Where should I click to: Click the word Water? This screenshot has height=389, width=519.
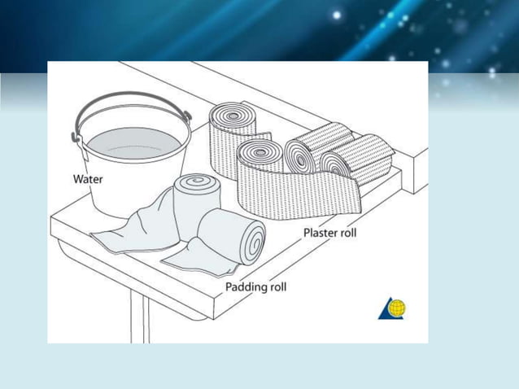click(88, 179)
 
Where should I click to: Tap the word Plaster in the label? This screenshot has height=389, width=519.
click(318, 233)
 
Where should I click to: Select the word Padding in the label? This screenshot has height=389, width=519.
click(245, 286)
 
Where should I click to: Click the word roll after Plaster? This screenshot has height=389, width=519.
click(346, 233)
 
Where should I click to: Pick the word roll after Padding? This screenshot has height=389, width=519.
click(276, 286)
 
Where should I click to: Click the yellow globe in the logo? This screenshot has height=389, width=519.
click(397, 308)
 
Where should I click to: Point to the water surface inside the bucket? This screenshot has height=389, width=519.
click(134, 143)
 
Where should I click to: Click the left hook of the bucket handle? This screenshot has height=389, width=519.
click(76, 137)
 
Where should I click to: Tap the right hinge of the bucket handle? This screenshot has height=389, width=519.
click(188, 116)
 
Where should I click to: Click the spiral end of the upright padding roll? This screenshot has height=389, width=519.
click(198, 181)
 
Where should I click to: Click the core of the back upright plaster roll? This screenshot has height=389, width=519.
click(233, 116)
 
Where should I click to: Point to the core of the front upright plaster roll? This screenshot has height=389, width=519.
click(260, 153)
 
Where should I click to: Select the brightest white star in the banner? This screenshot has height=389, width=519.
click(337, 15)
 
